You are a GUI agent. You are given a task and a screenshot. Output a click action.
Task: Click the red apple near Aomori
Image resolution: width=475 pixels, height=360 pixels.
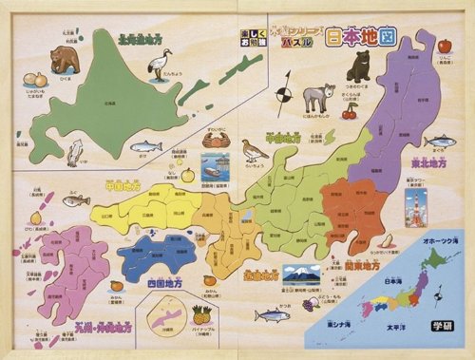pyautogui.click(x=445, y=46)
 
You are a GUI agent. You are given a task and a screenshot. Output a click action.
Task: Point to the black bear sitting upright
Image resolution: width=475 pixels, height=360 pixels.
pyautogui.click(x=359, y=66)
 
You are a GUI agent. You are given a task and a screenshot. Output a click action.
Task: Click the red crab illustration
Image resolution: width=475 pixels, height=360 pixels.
pyautogui.click(x=216, y=140)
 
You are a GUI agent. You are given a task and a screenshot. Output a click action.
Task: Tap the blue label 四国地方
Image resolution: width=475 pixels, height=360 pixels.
pyautogui.click(x=165, y=283)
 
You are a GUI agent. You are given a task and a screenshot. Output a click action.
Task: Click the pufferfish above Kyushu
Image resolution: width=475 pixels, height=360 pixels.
pyautogui.click(x=75, y=200)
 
